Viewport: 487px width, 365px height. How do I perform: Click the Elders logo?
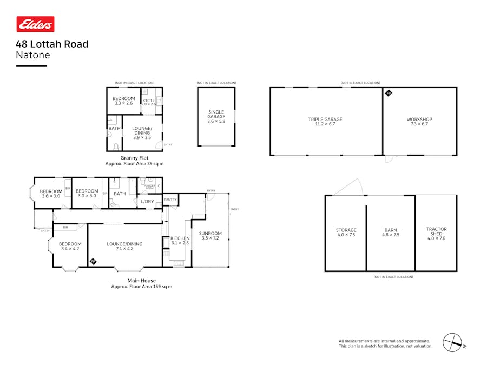click(x=35, y=24)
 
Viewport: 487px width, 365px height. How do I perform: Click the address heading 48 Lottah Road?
click(x=52, y=44)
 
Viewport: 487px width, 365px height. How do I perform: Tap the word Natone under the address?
click(x=33, y=55)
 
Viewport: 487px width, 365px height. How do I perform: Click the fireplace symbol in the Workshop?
click(x=388, y=93)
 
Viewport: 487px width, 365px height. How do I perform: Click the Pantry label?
click(x=170, y=200)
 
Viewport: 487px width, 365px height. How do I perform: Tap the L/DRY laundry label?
click(x=147, y=202)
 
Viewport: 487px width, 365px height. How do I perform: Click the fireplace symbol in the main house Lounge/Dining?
click(x=93, y=262)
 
